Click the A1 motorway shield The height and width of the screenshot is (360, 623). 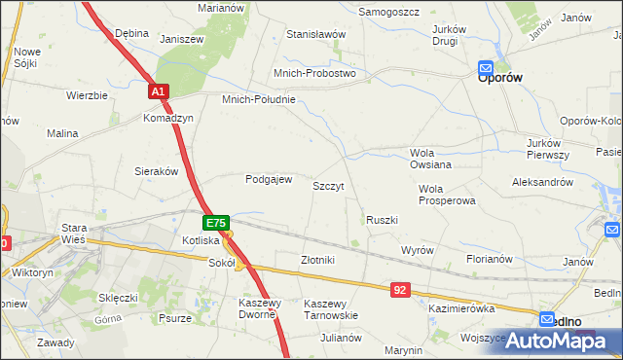[x=160, y=91]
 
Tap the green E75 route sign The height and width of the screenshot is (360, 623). [x=216, y=223]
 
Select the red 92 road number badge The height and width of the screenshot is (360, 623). [x=401, y=290]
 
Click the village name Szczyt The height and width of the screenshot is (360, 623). [x=328, y=185]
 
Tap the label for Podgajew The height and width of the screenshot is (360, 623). [x=269, y=179]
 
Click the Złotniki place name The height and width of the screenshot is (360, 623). [x=317, y=260]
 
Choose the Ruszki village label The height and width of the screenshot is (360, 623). [x=382, y=220]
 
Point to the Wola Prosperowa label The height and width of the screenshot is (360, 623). [x=446, y=195]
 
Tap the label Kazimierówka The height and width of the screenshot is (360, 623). [x=461, y=307]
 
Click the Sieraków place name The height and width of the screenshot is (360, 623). [x=156, y=170]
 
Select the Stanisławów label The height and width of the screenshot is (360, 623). [x=316, y=34]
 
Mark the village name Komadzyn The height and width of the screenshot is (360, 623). [x=168, y=118]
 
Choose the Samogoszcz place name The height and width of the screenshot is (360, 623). [x=388, y=12]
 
